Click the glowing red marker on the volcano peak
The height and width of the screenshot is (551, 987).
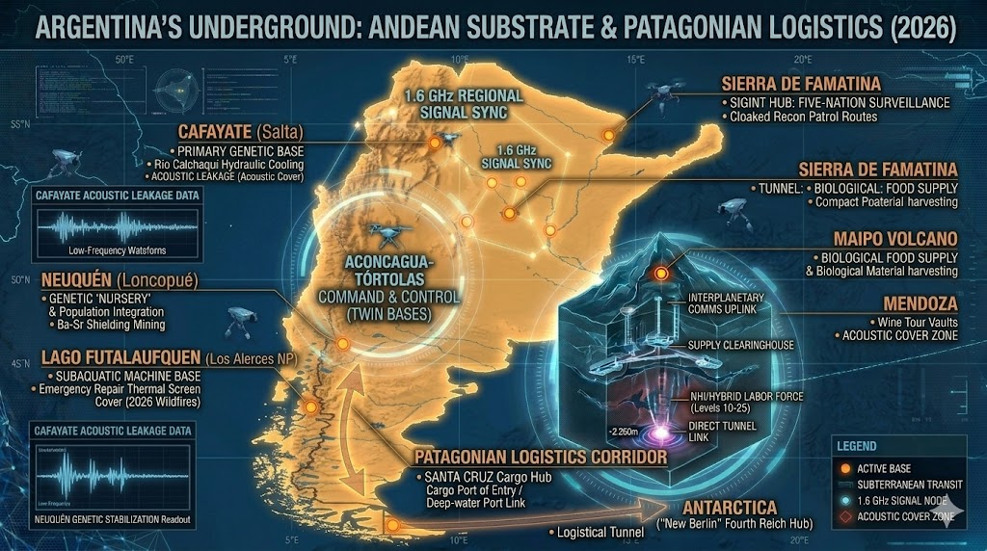pos(662,274)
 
